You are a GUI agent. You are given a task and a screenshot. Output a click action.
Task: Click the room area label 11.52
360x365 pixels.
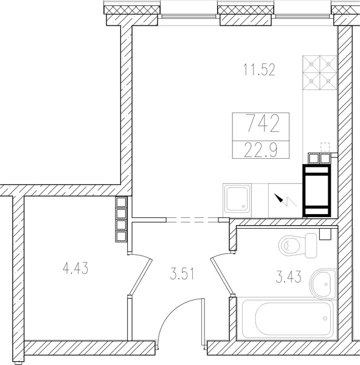click(259, 69)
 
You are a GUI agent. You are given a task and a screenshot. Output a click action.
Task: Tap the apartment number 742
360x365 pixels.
click(262, 124)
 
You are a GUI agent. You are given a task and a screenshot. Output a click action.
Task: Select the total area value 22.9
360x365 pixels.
click(261, 150)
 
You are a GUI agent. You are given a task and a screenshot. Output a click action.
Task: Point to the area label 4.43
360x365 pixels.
click(75, 268)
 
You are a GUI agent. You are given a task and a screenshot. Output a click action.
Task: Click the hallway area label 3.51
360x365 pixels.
click(182, 274)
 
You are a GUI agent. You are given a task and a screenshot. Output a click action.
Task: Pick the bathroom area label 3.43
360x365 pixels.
click(288, 277)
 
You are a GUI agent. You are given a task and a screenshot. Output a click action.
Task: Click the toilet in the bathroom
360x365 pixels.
click(297, 245)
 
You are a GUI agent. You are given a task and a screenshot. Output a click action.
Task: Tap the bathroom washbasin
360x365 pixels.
click(324, 283)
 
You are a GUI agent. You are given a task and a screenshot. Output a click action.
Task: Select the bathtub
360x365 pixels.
click(286, 319)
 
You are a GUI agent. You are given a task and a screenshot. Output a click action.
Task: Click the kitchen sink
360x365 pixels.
click(237, 200)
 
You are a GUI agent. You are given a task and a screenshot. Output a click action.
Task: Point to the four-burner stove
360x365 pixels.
click(320, 72)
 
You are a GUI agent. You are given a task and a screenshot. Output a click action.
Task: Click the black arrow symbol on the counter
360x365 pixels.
click(279, 198)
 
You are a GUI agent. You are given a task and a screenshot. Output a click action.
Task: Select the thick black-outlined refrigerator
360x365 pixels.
click(317, 190)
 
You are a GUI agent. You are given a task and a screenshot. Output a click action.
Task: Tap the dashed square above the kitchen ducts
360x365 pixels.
click(325, 147)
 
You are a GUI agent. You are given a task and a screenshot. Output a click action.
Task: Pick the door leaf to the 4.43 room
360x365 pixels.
click(141, 276)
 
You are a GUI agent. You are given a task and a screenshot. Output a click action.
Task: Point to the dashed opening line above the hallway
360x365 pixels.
click(192, 220)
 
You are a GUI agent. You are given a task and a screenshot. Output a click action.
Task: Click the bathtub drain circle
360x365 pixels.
click(325, 318)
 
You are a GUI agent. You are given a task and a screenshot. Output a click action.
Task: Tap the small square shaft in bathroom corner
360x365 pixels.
click(325, 234)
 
